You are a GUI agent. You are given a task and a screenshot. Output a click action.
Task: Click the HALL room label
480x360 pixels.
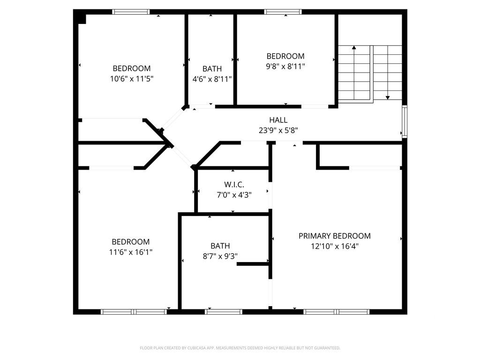coord(278,120)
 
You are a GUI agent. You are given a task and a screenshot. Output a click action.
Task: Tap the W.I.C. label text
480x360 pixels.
coord(234,185)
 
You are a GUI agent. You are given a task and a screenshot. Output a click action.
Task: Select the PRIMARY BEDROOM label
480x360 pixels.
coord(334,236)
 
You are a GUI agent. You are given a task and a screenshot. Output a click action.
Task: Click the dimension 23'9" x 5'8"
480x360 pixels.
coord(278,131)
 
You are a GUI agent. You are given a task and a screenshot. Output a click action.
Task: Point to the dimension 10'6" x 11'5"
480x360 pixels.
coord(132,79)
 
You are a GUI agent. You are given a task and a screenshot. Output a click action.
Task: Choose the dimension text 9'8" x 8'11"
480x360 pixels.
coord(285,67)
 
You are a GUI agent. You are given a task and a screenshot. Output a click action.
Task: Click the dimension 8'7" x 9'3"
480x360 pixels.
coord(220,256)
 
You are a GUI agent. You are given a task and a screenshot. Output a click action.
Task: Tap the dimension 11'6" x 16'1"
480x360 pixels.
coord(131,252)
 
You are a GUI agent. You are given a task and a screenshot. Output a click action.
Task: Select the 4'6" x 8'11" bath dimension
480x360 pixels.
coord(212,79)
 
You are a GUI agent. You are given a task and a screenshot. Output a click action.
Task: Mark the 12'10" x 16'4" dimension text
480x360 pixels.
coord(334,246)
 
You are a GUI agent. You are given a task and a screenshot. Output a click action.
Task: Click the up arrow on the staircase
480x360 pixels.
coord(354,47)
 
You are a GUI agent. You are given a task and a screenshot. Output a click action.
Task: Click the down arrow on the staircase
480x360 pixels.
coord(388,97)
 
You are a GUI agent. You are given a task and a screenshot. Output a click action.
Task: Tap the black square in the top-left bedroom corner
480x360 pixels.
coord(81,18)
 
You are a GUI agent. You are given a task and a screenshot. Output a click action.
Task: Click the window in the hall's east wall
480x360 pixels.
coord(405,122)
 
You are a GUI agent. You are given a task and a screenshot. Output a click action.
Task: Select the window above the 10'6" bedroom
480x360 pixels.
coord(131,12)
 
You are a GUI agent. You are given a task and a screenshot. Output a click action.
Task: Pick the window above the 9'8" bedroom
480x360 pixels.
coord(283,12)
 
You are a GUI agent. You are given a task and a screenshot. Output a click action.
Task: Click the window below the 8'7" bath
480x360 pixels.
coord(224,311)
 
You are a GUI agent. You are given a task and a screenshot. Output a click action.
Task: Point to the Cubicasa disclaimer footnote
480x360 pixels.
coord(240,348)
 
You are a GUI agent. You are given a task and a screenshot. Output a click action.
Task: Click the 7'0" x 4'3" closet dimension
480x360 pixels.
coord(234,195)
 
